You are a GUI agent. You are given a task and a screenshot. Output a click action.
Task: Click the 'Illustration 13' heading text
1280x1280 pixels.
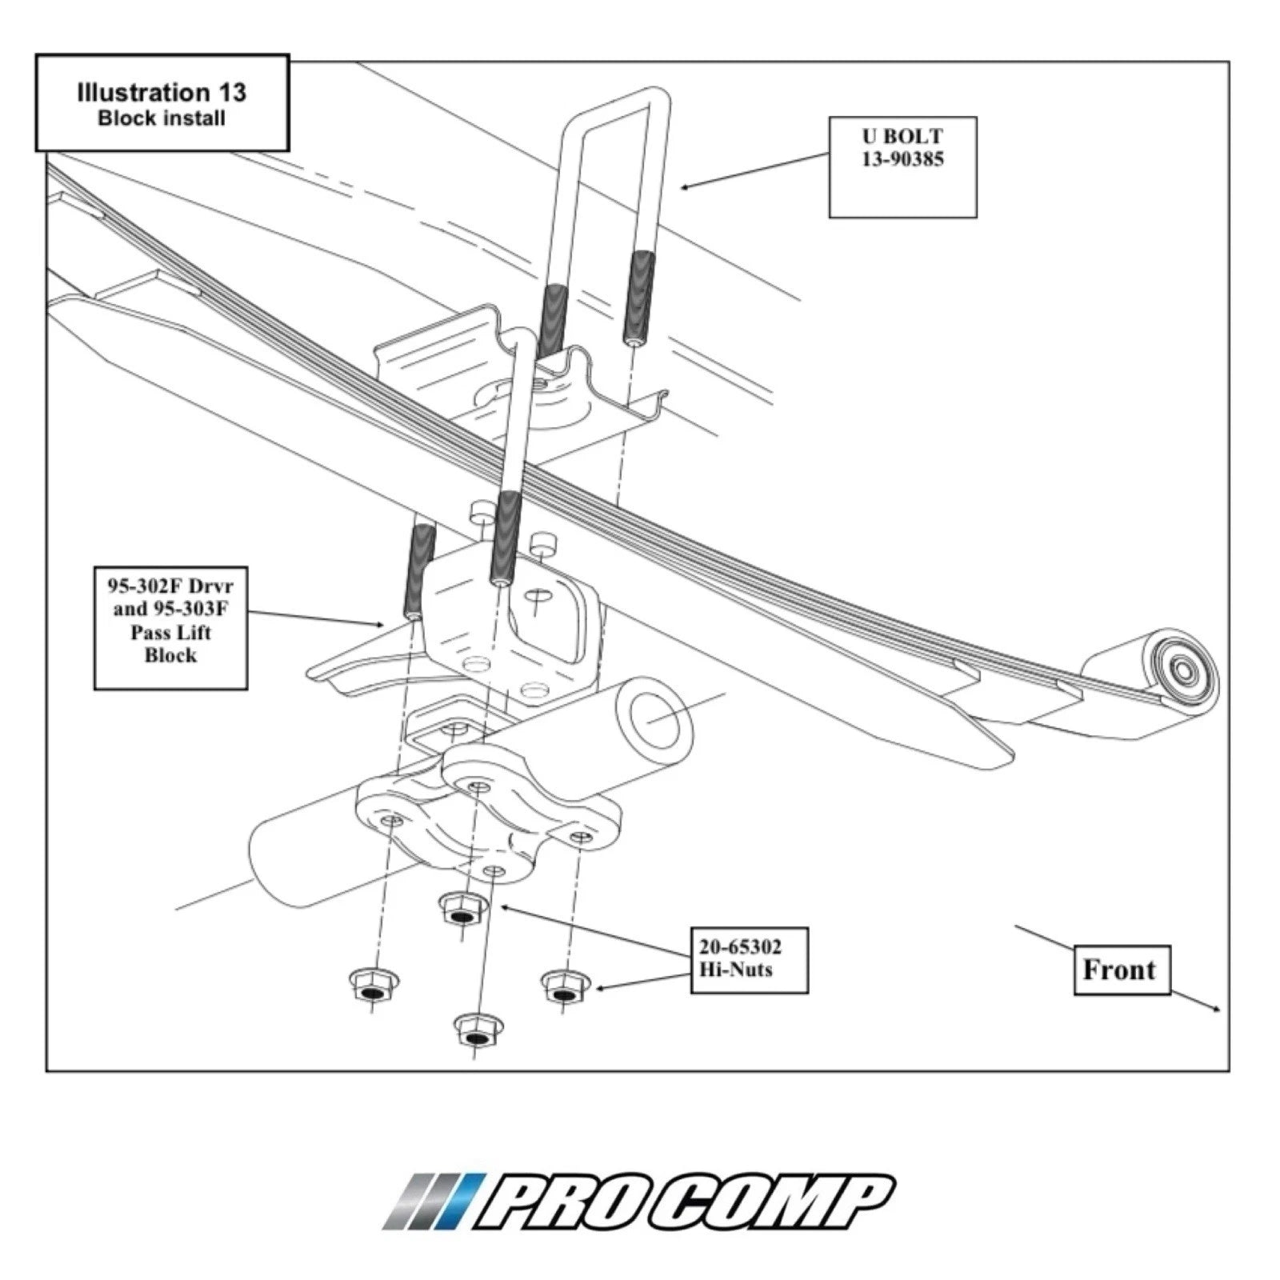162,92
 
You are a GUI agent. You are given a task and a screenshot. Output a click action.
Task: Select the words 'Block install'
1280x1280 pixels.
162,118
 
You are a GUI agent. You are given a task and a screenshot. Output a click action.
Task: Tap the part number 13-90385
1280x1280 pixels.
902,159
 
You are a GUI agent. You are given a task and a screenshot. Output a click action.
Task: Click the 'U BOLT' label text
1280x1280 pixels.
902,136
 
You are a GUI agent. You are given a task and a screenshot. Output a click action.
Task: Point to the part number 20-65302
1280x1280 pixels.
740,947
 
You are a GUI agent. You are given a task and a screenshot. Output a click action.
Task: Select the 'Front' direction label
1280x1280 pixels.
1119,970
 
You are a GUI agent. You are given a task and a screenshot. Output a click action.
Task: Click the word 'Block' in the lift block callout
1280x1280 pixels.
171,655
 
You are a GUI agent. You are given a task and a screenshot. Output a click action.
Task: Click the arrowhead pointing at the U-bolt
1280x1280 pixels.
685,187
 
